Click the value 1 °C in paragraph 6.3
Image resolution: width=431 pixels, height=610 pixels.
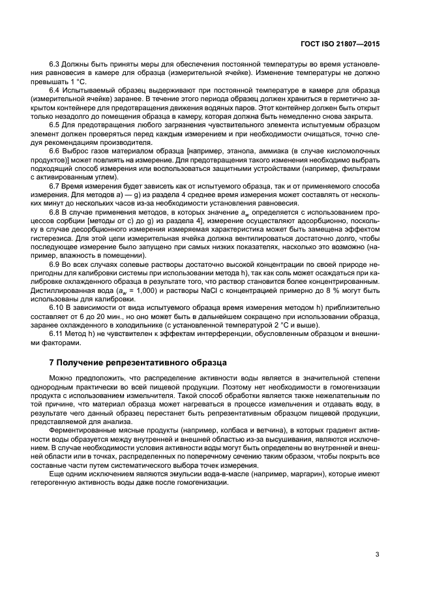point(78,83)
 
